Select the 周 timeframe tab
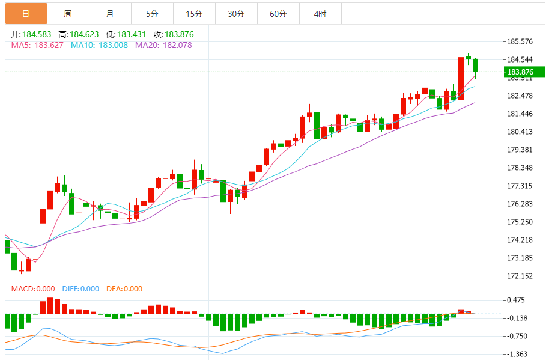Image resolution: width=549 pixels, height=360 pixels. [x=68, y=14]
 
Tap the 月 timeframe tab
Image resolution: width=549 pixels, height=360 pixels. [x=109, y=14]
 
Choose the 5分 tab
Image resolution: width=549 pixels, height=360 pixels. [x=151, y=14]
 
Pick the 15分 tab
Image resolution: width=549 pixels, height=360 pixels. [x=193, y=14]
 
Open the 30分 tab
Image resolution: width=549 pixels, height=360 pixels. [x=236, y=14]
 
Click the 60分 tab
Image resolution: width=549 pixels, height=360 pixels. [x=278, y=14]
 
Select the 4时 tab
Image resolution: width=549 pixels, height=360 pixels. [x=320, y=14]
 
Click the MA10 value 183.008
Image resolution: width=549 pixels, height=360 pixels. [x=113, y=45]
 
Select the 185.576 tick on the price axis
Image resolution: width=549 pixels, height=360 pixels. [x=520, y=42]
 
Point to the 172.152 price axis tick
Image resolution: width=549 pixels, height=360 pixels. [x=520, y=276]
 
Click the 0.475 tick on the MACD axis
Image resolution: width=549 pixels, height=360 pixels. [x=517, y=301]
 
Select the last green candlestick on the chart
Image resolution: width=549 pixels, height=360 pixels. [x=476, y=65]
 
